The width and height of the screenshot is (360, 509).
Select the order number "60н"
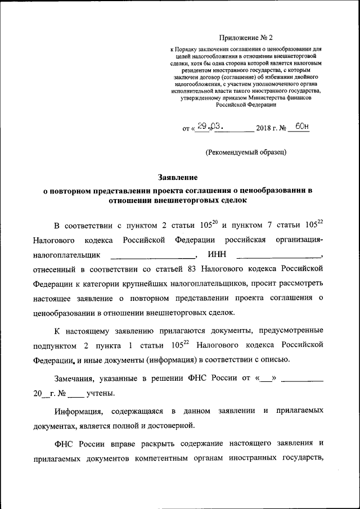coord(302,127)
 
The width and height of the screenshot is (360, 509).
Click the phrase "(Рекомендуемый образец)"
coord(246,152)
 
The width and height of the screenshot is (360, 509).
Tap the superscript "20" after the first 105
coord(214,223)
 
